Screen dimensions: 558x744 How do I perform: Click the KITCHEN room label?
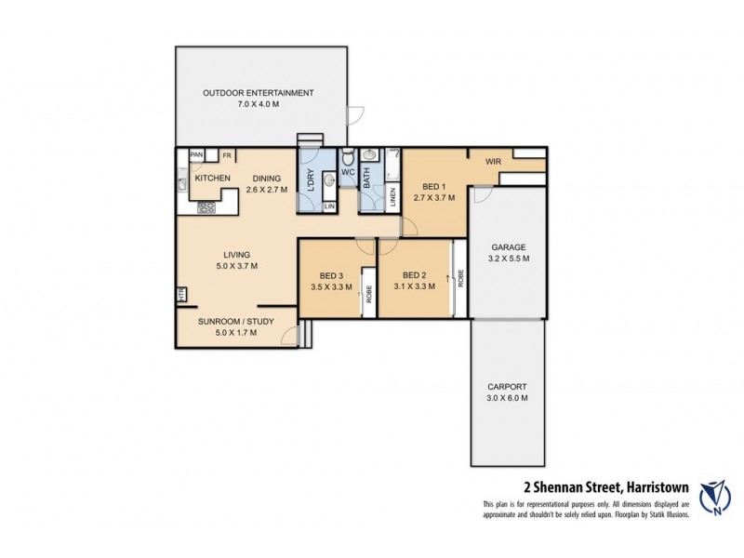pyautogui.click(x=212, y=178)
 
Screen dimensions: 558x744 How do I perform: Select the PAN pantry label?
pyautogui.click(x=196, y=155)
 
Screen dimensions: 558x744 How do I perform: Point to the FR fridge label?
pyautogui.click(x=226, y=155)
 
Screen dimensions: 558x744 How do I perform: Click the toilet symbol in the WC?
pyautogui.click(x=348, y=157)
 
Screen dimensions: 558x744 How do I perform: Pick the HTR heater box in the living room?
pyautogui.click(x=180, y=296)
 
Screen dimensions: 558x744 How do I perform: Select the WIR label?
pyautogui.click(x=493, y=161)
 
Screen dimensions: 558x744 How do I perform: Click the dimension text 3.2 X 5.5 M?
pyautogui.click(x=508, y=259)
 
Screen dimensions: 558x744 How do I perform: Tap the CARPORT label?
pyautogui.click(x=508, y=387)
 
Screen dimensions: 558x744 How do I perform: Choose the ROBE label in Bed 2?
pyautogui.click(x=459, y=278)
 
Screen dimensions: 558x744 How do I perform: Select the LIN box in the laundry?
pyautogui.click(x=329, y=206)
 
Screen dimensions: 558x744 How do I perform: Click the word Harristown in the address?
pyautogui.click(x=655, y=485)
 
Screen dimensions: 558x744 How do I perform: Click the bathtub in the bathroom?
pyautogui.click(x=368, y=176)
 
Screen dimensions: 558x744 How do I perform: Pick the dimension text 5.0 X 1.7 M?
pyautogui.click(x=236, y=333)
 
